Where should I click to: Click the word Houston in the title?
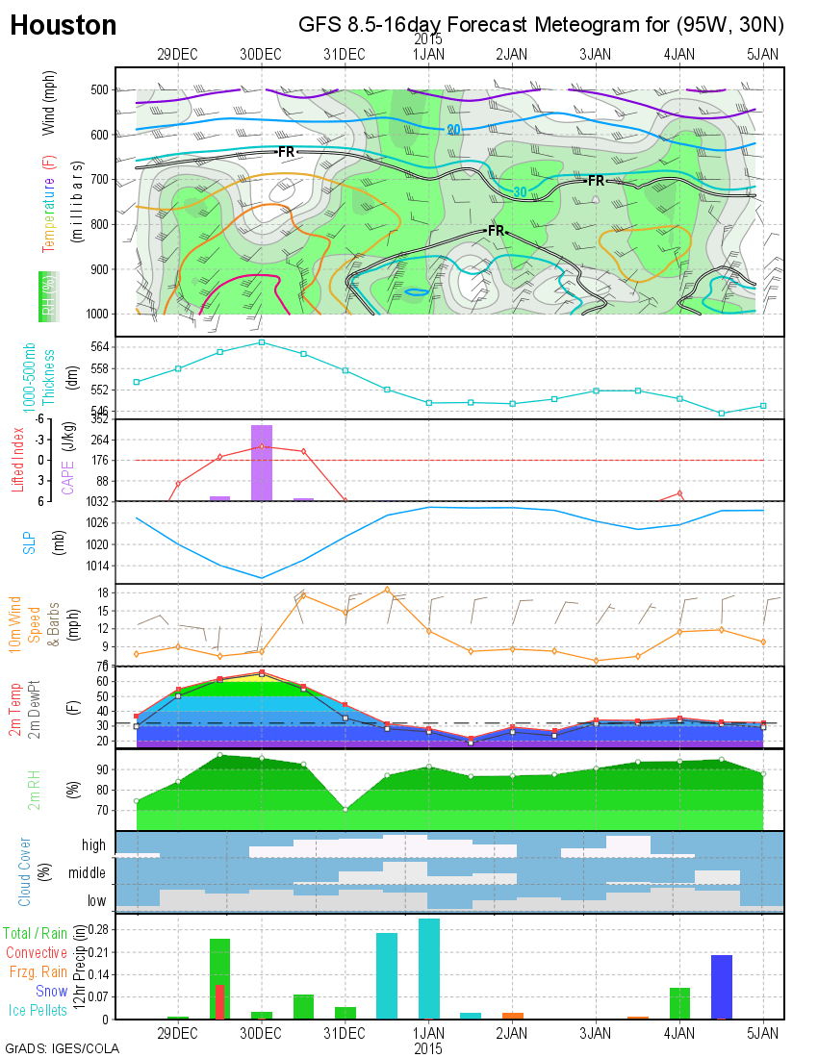pyautogui.click(x=63, y=26)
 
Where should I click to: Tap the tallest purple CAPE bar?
pyautogui.click(x=262, y=462)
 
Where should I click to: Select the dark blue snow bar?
pyautogui.click(x=722, y=987)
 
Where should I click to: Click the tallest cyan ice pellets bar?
pyautogui.click(x=429, y=969)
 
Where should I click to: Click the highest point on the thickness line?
pyautogui.click(x=262, y=341)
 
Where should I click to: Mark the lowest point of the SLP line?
pyautogui.click(x=262, y=578)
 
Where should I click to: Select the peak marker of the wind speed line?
pyautogui.click(x=387, y=590)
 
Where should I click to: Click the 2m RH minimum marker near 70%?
pyautogui.click(x=345, y=809)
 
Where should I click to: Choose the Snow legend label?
pyautogui.click(x=52, y=991)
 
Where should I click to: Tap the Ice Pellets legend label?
pyautogui.click(x=38, y=1010)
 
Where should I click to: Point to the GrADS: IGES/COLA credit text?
pyautogui.click(x=62, y=1048)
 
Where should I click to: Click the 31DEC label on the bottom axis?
pyautogui.click(x=345, y=1033)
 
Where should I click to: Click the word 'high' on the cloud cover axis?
pyautogui.click(x=94, y=845)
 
